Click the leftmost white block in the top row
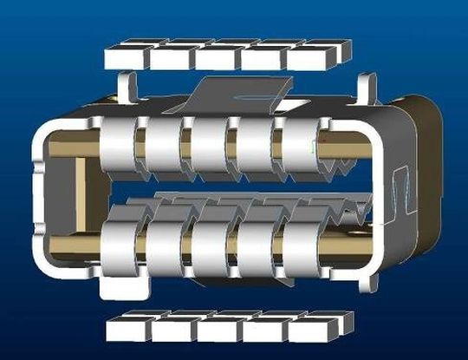[x=127, y=57]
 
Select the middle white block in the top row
[x=216, y=56]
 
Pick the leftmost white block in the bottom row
[x=127, y=329]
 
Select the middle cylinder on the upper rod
[x=208, y=145]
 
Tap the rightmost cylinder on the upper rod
[x=297, y=145]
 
